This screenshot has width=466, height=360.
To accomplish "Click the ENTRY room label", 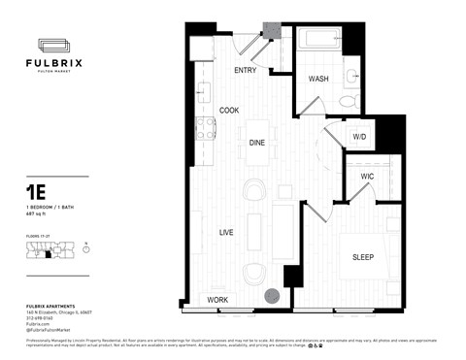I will [245, 71].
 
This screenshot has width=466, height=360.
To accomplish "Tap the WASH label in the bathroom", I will [317, 79].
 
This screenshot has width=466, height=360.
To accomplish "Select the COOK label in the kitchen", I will [229, 111].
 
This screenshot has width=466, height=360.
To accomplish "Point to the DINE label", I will [257, 143].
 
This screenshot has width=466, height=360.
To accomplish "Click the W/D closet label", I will [359, 137].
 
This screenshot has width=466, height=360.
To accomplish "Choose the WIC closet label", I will [367, 176].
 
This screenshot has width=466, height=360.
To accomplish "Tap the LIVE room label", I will [226, 233].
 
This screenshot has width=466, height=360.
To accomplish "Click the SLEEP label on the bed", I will [363, 258].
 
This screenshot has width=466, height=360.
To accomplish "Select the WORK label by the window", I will [217, 301].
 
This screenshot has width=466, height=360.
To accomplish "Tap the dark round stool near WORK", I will [274, 296].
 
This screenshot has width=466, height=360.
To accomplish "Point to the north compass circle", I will [86, 249].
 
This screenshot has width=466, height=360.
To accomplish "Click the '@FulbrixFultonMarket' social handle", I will [49, 332].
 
